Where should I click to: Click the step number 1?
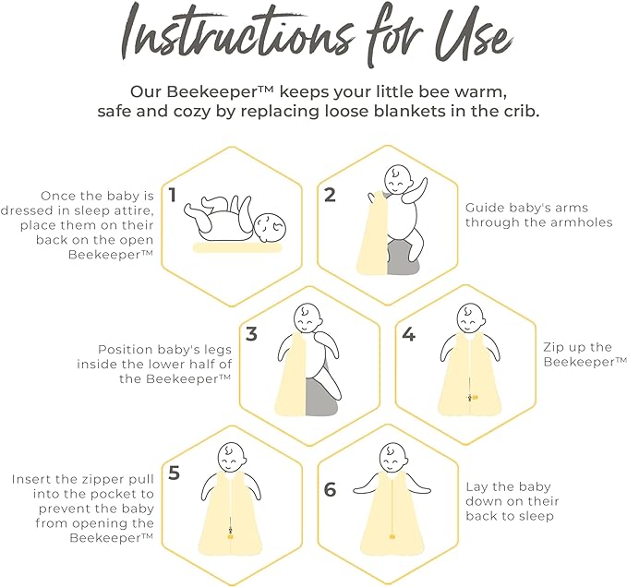tap(173, 196)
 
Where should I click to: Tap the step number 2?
tap(330, 196)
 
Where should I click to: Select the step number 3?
tap(251, 334)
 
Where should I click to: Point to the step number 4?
tap(409, 334)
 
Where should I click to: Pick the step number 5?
tap(174, 473)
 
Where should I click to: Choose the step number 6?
tap(330, 490)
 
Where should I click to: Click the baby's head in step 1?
tap(271, 228)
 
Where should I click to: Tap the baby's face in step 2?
tap(397, 179)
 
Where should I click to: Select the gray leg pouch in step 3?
tap(322, 397)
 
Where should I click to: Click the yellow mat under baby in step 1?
tap(237, 247)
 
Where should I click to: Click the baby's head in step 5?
tap(231, 457)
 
